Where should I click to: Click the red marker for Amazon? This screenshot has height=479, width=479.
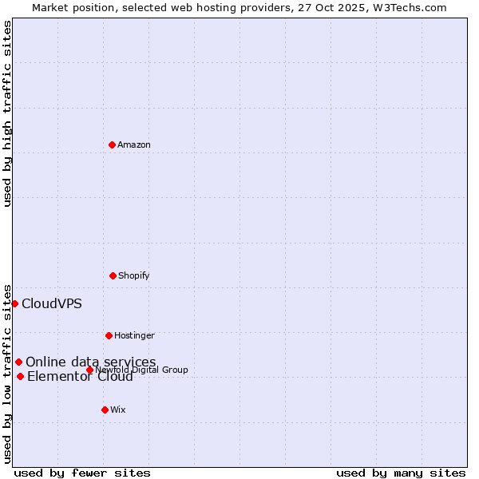112,144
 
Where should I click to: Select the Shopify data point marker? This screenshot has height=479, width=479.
113,275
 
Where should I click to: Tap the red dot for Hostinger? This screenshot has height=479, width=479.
109,335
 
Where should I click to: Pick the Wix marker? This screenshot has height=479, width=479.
105,410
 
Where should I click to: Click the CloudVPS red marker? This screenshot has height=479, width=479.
14,303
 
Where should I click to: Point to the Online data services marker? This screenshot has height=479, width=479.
18,362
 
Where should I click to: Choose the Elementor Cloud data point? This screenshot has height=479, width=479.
20,376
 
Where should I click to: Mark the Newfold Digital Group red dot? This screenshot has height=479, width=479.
89,370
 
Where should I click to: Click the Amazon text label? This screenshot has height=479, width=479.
134,144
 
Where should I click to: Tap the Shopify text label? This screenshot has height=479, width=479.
134,275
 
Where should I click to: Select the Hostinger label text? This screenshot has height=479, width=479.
134,335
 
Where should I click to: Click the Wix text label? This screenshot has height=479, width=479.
118,410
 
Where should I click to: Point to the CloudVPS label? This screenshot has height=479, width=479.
52,303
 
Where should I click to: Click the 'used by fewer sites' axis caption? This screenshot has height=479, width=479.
82,473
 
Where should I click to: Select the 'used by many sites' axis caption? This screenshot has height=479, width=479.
401,473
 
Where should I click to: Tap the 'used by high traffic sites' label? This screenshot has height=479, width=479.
7,113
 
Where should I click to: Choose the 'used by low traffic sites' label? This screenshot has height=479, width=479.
7,373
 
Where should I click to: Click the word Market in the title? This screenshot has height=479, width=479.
50,7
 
